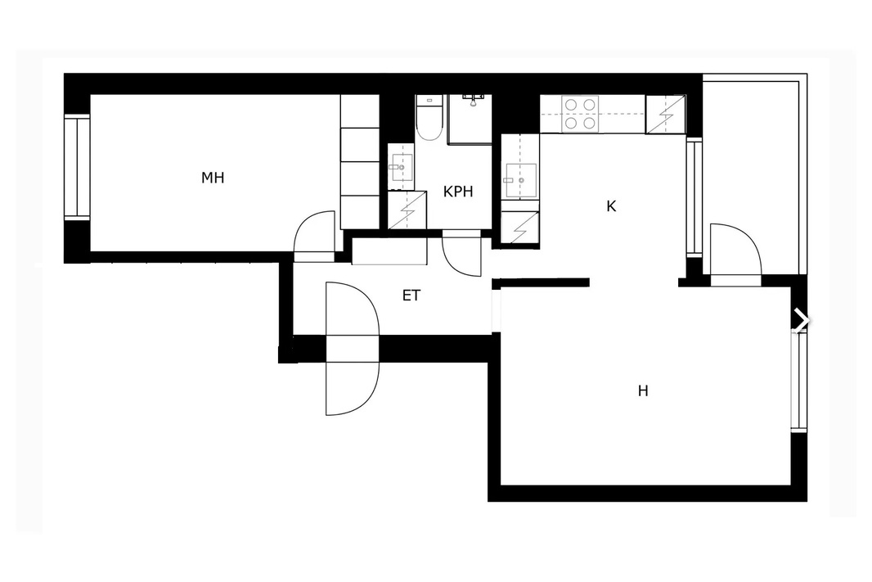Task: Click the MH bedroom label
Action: click(213, 178)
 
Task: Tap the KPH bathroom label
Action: click(458, 192)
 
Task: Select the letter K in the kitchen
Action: click(610, 207)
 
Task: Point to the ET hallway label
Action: click(411, 296)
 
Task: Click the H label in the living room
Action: click(643, 391)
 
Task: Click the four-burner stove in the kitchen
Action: click(580, 114)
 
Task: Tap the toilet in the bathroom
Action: click(429, 119)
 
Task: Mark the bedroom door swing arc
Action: click(316, 235)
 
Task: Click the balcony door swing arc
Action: click(735, 251)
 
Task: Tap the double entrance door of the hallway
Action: click(353, 348)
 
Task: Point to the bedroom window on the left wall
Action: click(77, 167)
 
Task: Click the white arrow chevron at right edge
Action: click(802, 320)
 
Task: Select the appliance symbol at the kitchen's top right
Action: click(665, 115)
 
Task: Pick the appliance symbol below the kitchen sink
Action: click(519, 228)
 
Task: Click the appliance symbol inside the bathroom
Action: click(407, 210)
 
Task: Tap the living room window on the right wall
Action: click(798, 381)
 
